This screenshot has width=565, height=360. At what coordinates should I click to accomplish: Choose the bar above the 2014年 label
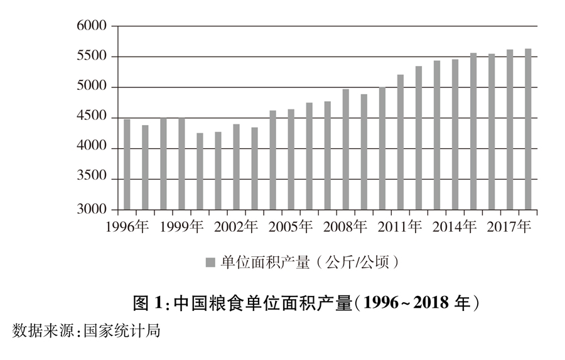[455, 134]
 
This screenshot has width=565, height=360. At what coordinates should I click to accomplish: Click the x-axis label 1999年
[182, 226]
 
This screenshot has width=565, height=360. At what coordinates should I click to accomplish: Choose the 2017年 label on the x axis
[510, 226]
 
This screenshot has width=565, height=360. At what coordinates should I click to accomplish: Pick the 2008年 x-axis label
[346, 226]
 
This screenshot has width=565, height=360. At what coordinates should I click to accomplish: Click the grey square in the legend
[211, 262]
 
